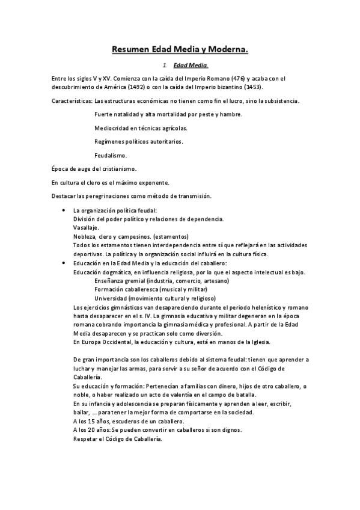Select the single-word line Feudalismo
(x=110, y=155)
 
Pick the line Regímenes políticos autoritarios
(x=139, y=141)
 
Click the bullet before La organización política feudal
(x=64, y=210)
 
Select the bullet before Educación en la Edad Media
(x=64, y=263)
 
